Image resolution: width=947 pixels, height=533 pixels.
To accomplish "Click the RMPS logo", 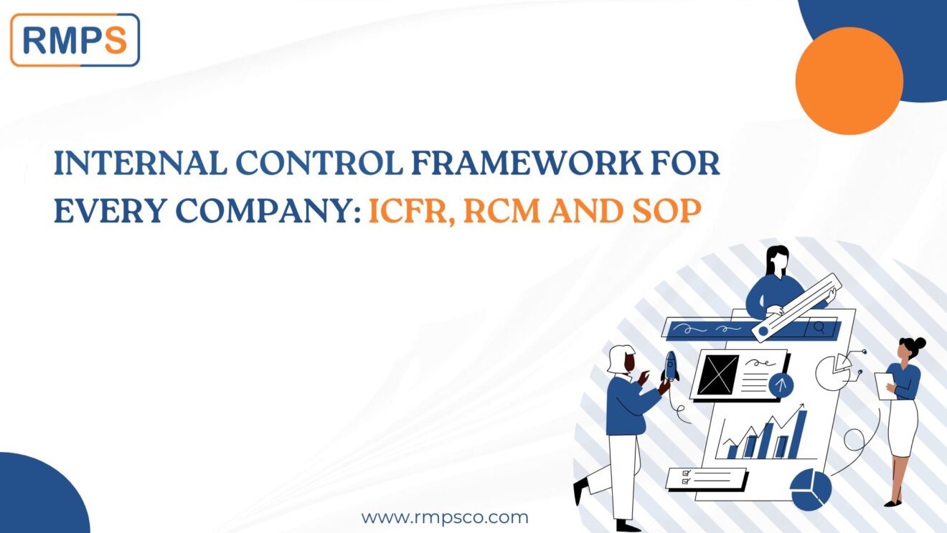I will pyautogui.click(x=75, y=40).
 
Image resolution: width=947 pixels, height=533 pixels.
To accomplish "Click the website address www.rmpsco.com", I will pyautogui.click(x=444, y=517).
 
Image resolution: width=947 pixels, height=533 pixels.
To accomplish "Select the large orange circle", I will pyautogui.click(x=849, y=80).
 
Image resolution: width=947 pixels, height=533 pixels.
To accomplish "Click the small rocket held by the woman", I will pyautogui.click(x=670, y=367).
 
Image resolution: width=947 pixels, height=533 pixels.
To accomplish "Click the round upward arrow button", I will pyautogui.click(x=781, y=386).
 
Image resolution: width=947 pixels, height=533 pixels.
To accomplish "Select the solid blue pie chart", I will pyautogui.click(x=810, y=489).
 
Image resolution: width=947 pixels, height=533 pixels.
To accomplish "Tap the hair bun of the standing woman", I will pyautogui.click(x=918, y=344).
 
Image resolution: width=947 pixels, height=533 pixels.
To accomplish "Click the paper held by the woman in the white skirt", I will pyautogui.click(x=881, y=385).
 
